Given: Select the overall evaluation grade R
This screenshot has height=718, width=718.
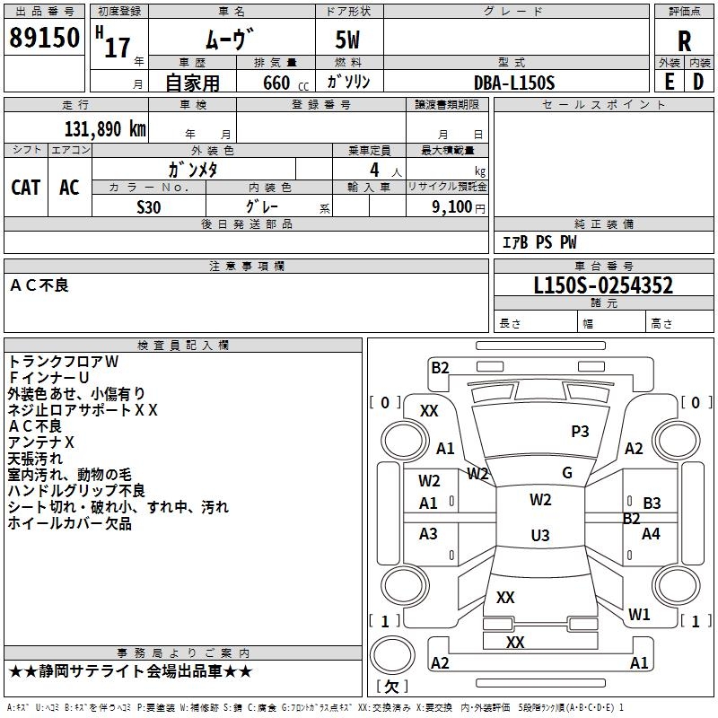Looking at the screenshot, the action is pos(684,41).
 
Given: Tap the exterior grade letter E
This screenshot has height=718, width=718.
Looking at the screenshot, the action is pos(669,82).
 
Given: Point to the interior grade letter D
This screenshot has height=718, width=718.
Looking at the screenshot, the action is pos(698,82).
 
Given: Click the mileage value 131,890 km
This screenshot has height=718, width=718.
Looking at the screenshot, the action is pos(105,128).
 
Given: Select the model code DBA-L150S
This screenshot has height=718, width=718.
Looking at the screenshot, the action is pos(514,83).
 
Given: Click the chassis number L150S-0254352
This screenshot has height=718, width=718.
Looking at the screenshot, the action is pos(603,286).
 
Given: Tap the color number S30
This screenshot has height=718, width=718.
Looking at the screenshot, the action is pos(149,206).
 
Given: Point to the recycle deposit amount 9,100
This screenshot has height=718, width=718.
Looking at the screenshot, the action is pos(451,206).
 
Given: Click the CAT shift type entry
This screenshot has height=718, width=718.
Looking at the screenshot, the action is pos(26,187).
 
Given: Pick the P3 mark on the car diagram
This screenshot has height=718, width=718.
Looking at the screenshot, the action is pos(580,432).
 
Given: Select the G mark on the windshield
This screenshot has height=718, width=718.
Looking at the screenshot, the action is pos(567,473).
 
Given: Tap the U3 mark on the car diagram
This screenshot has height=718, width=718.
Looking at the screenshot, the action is pos(540,536).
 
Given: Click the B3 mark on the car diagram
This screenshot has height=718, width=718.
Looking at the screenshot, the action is pos(652,503).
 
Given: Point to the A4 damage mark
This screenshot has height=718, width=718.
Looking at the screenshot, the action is pos(651,534).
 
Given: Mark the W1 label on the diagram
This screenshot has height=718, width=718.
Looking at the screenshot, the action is pos(639,615).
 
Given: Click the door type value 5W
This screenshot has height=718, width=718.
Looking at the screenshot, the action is pos(347,40).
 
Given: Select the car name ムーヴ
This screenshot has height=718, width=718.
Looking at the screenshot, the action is pos(230,40).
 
